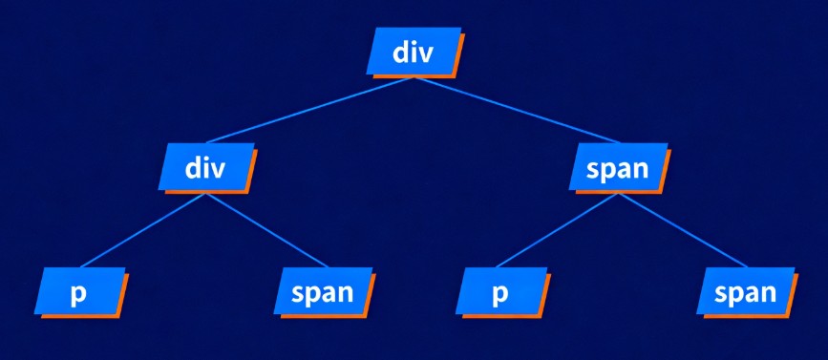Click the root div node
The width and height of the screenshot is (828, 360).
[414, 53]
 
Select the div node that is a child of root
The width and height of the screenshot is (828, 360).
[205, 168]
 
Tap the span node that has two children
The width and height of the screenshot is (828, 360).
[618, 169]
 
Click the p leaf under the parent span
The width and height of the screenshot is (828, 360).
[499, 292]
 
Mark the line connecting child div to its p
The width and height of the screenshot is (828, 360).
[143, 229]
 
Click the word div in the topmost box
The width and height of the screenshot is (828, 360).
[414, 53]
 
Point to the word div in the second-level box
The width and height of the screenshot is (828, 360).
[205, 168]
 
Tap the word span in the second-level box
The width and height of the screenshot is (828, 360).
[618, 169]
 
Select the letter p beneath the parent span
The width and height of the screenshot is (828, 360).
[499, 293]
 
